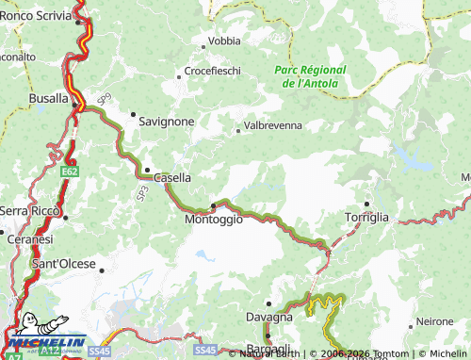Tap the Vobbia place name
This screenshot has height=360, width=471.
pyautogui.click(x=224, y=41)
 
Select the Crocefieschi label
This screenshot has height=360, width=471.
pyautogui.click(x=213, y=71)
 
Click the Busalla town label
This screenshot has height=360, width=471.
pyautogui.click(x=49, y=97)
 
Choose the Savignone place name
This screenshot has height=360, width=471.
pyautogui.click(x=167, y=122)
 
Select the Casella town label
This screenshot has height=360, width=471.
pyautogui.click(x=171, y=177)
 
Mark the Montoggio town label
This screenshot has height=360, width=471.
pyautogui.click(x=214, y=219)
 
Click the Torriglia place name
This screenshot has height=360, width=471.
pyautogui.click(x=366, y=217)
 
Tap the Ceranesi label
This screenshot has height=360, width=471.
pyautogui.click(x=27, y=239)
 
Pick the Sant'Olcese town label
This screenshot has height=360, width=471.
pyautogui.click(x=64, y=265)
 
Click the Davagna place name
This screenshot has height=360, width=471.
pyautogui.click(x=268, y=317)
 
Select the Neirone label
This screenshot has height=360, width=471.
pyautogui.click(x=434, y=321)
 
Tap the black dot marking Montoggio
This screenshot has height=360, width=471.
pyautogui.click(x=214, y=205)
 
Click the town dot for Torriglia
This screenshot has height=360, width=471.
pyautogui.click(x=366, y=205)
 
